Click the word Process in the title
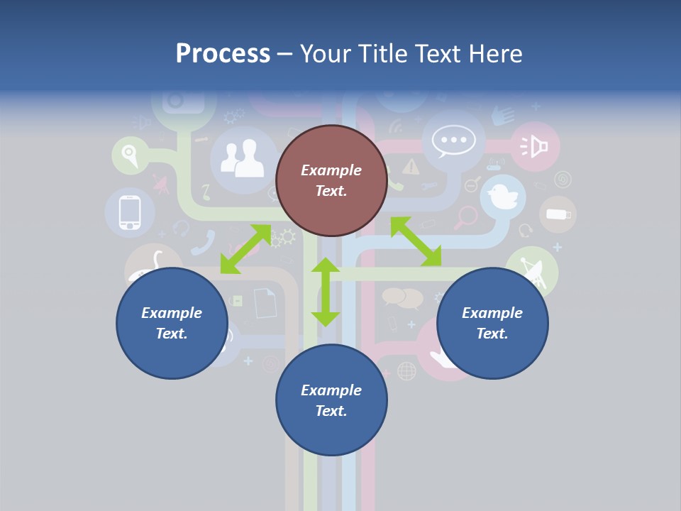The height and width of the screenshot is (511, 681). tap(223, 54)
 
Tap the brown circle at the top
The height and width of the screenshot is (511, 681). tap(331, 181)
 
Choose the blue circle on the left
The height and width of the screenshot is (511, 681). tap(172, 323)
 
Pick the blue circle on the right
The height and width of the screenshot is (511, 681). tap(492, 323)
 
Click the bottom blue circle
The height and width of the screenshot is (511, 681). tap(331, 400)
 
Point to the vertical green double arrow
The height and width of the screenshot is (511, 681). tap(326, 292)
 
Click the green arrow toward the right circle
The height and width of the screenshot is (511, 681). tap(416, 241)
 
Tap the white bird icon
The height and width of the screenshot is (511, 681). tap(503, 196)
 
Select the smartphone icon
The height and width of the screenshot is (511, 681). tap(129, 212)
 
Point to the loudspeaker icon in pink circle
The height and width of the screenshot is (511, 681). tap(536, 147)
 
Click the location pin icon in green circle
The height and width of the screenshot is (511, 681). tap(128, 153)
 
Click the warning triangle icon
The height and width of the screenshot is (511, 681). tap(411, 167)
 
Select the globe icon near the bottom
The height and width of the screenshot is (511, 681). tap(406, 370)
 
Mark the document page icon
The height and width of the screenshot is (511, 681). tap(265, 302)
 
